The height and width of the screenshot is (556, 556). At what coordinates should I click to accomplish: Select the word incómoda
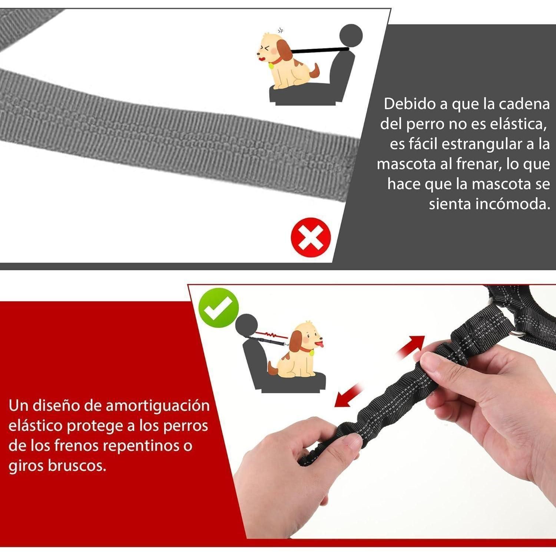[x=513, y=204]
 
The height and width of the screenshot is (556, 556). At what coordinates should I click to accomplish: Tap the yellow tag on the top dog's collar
[x=271, y=66]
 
